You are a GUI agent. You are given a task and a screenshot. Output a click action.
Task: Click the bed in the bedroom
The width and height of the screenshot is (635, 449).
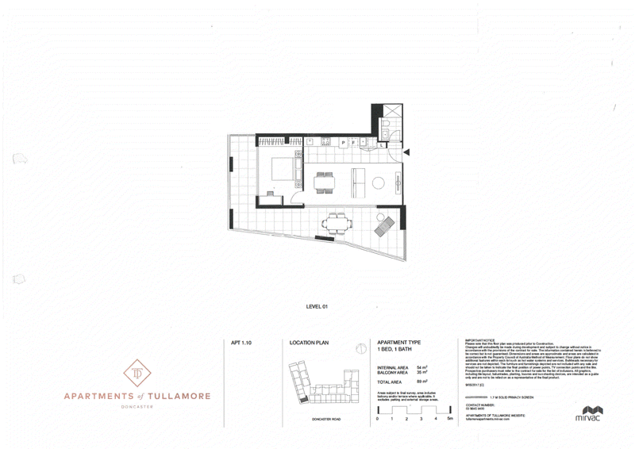(x=283, y=170)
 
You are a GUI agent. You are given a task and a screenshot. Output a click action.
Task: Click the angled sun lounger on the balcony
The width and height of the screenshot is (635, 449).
(x=383, y=228)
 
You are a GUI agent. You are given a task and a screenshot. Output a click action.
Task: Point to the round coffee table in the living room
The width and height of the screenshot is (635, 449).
(x=379, y=184)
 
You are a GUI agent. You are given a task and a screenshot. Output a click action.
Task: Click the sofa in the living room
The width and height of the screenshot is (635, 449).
(x=356, y=182)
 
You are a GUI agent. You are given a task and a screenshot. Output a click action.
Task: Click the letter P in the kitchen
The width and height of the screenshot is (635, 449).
(x=342, y=142)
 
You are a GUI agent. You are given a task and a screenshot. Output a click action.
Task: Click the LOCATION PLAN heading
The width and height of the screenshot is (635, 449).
(x=310, y=343)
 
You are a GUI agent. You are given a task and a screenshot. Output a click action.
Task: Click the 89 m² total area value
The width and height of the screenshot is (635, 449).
(x=421, y=382)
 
